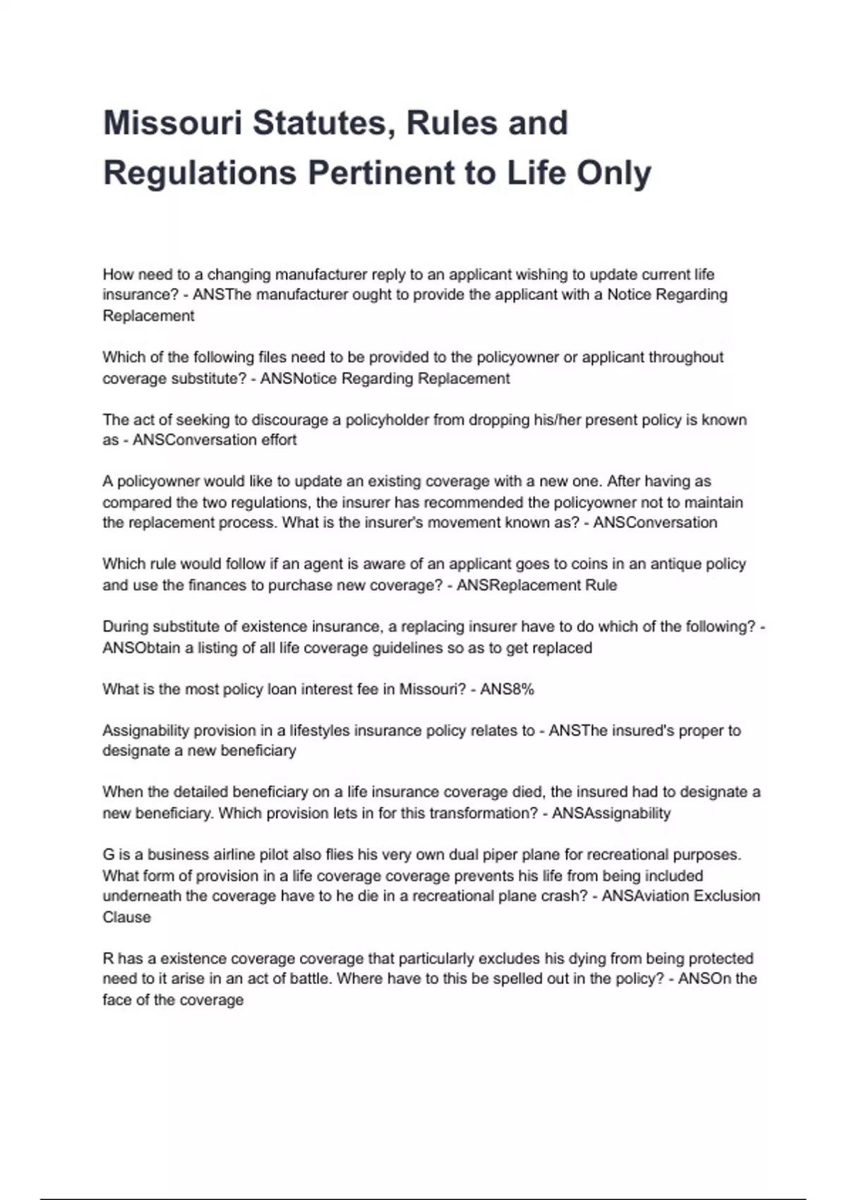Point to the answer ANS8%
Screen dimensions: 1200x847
507,689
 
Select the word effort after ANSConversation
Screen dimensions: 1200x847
277,440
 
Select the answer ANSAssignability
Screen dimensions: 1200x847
611,813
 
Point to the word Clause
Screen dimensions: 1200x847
127,917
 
